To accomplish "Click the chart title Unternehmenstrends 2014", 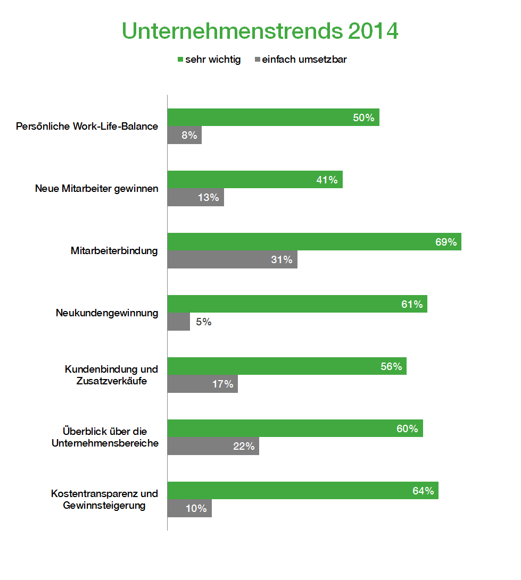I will coord(260,31).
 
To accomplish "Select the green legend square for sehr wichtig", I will coord(180,60).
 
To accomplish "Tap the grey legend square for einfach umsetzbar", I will coord(258,60).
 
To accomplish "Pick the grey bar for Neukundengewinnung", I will coord(179,322).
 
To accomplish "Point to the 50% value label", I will coord(363,117).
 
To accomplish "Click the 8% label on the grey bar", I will coord(189,135).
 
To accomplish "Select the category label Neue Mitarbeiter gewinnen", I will coord(96,189).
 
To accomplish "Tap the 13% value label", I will coord(208,197).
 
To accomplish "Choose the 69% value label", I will coord(446,242).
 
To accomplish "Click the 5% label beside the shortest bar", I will coord(203,322).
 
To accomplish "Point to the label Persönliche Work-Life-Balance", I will coord(87,127).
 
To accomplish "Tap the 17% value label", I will coord(222,384).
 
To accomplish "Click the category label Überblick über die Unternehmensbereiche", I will coord(105,437).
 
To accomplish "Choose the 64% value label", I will coord(424,491).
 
